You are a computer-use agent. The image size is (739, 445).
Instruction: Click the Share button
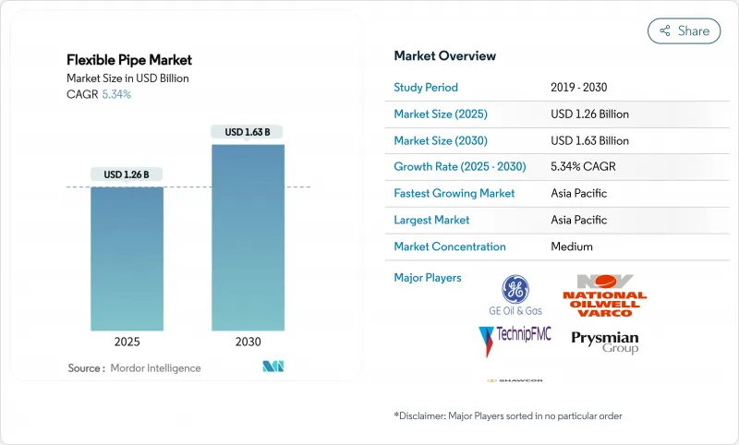point(684,30)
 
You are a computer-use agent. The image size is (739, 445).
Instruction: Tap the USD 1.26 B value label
point(127,174)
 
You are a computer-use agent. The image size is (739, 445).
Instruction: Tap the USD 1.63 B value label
point(248,132)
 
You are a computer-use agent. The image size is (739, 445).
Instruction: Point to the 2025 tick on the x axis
point(127,342)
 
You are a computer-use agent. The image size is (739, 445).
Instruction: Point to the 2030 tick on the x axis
point(248,342)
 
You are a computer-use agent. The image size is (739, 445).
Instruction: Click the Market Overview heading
point(444,55)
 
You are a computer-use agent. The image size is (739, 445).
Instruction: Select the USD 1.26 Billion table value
point(589,114)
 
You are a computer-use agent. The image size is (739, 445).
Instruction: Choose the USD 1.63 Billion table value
point(589,141)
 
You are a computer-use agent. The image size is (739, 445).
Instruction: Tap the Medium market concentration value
point(572,247)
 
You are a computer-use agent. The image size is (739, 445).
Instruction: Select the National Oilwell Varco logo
point(604,295)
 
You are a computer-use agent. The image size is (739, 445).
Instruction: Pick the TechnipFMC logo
point(515,339)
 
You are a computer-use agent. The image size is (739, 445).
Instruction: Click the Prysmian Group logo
point(604,343)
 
